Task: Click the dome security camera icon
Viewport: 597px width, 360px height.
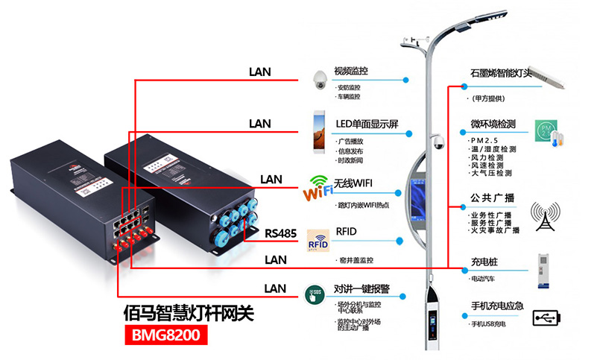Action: (319, 80)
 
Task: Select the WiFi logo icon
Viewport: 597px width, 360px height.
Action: (318, 188)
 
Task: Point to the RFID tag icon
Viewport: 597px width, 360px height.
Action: (318, 241)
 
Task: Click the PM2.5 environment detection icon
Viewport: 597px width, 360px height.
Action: (547, 132)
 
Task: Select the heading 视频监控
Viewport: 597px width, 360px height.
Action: (351, 72)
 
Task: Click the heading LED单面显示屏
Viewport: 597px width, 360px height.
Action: (367, 123)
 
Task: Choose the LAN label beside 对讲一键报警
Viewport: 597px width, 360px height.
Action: (275, 288)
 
